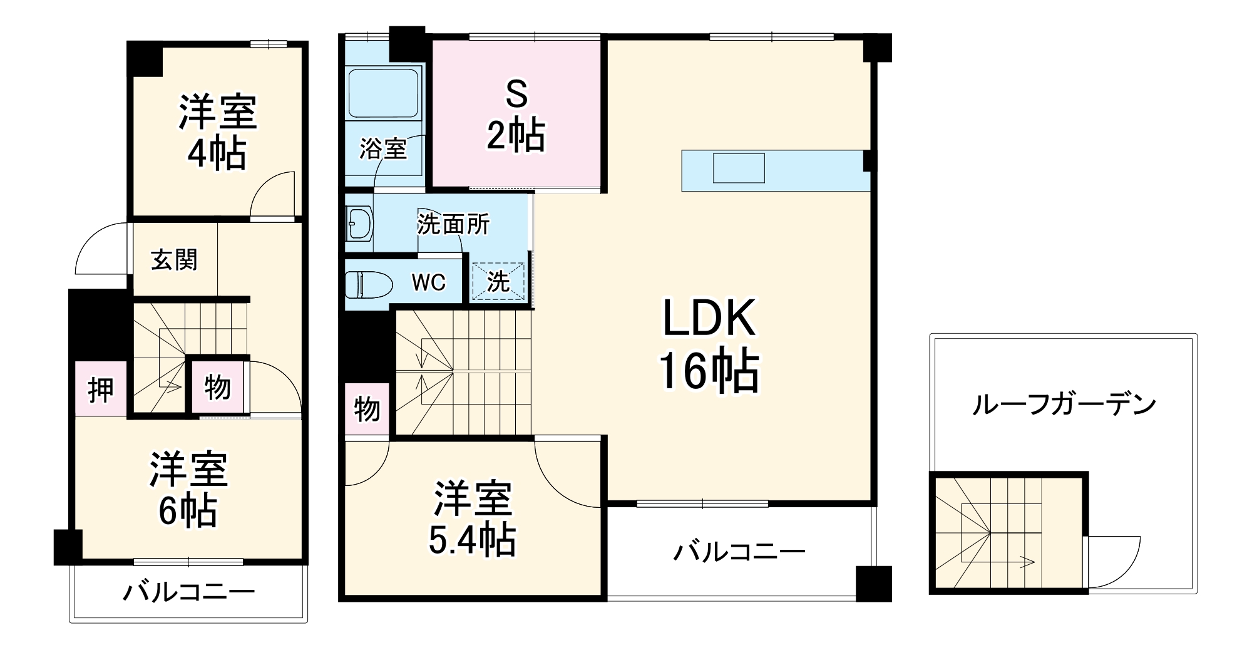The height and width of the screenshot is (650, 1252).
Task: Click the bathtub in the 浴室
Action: pos(383,94)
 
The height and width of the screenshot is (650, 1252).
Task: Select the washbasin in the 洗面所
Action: pos(359,224)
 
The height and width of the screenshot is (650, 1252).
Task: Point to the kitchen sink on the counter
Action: pos(739,168)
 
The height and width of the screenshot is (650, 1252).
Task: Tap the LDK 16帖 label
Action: pos(709,344)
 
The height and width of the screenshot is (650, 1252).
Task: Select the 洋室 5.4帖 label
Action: pos(473,518)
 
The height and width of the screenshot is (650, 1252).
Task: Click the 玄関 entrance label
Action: pos(174,260)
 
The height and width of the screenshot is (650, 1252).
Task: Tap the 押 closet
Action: pos(101,389)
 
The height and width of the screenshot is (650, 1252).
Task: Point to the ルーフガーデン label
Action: pos(1064,405)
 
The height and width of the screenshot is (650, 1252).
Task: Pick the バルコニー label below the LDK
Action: pos(739,552)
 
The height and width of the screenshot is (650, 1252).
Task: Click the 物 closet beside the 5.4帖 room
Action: pos(367,409)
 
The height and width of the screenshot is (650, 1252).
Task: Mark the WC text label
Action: pos(429,282)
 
